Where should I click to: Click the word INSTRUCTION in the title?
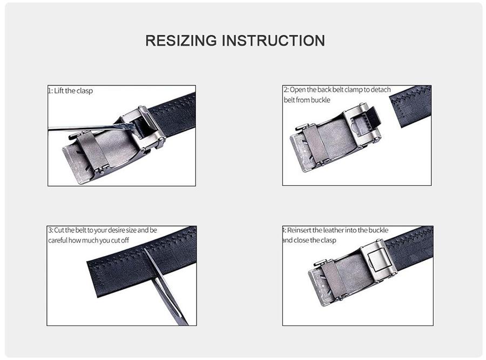(x=274, y=41)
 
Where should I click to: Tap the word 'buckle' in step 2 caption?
(x=320, y=100)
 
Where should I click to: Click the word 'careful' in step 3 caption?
(x=59, y=240)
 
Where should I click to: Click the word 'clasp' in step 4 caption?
(x=327, y=240)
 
